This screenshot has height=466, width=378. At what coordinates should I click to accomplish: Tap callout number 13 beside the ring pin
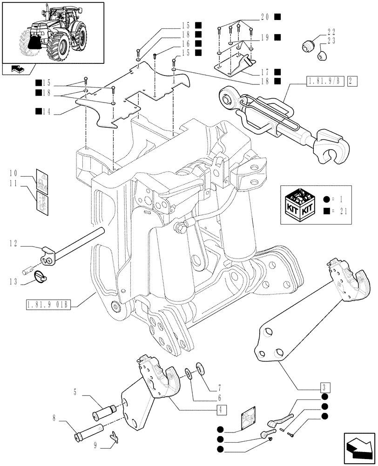point(13,281)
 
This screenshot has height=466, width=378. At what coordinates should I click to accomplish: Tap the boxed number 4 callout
point(222,410)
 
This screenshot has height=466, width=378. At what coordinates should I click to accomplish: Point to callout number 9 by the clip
point(95,445)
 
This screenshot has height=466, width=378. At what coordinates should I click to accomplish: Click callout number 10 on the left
point(12,173)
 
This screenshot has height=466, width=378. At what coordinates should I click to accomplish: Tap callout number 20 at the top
point(265,17)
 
